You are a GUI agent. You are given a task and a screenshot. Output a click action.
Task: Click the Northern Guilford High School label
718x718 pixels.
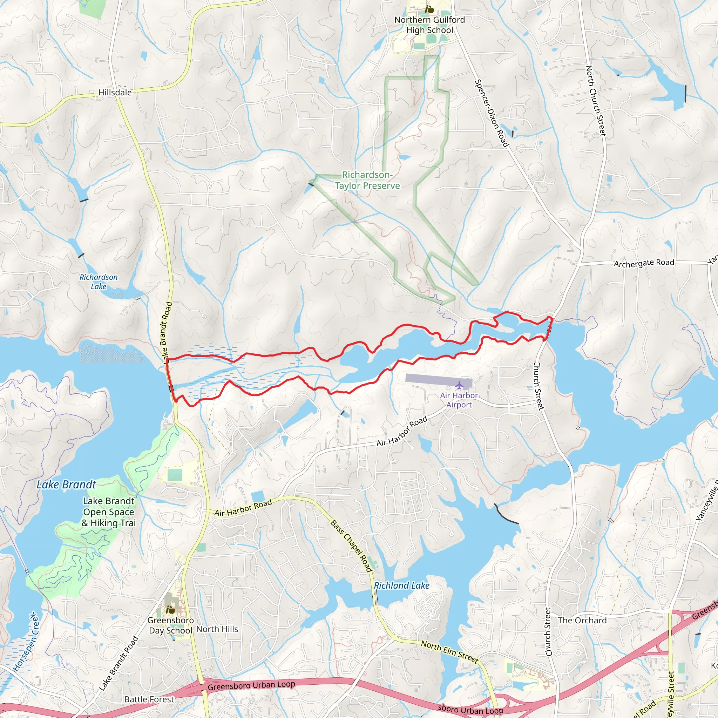coord(429,25)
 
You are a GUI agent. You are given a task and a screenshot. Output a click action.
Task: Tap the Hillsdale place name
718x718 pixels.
coord(115,92)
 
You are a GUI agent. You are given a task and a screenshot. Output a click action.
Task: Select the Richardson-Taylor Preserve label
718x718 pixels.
coord(367,180)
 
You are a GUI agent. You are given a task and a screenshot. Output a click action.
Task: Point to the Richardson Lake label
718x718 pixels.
coord(99,282)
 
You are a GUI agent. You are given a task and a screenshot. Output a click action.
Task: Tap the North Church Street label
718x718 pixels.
coord(595,101)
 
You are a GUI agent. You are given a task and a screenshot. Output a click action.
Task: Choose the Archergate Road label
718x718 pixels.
coord(644,263)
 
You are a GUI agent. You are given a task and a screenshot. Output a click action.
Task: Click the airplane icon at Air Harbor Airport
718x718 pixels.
coord(459,385)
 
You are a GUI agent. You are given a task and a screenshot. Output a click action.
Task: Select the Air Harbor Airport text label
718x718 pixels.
coord(459,400)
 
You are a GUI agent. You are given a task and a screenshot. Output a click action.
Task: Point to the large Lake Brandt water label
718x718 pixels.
coord(66,485)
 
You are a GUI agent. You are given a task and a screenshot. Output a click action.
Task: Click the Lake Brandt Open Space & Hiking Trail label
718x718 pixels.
coord(109,512)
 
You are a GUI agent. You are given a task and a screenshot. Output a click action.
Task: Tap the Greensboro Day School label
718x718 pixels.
coord(171,625)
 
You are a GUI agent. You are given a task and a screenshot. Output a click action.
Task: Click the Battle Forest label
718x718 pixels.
coord(149,699)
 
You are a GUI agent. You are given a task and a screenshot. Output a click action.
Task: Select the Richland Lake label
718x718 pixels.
coord(401,586)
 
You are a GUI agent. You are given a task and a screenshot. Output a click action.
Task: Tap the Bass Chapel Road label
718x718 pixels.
coord(351,546)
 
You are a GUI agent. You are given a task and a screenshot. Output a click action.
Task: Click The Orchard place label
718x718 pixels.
coord(582,620)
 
